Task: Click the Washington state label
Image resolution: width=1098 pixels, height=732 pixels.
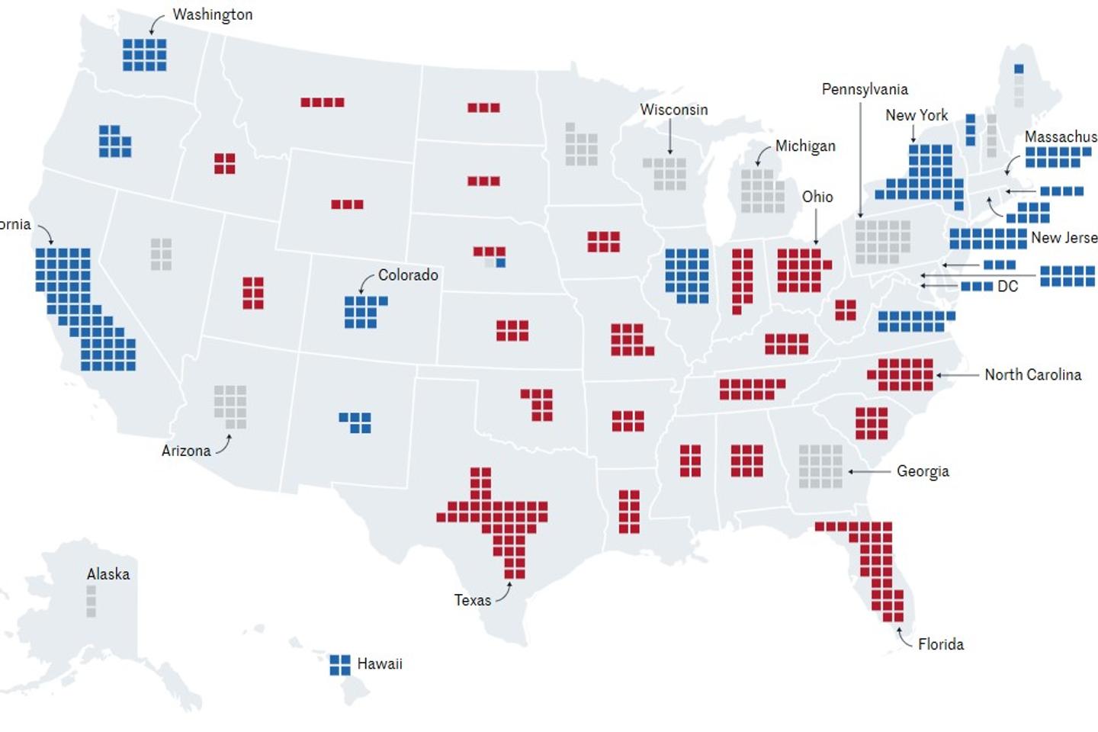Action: pos(212,14)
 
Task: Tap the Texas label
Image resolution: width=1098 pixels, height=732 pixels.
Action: pos(472,600)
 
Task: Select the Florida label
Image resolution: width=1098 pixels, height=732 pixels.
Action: pos(940,644)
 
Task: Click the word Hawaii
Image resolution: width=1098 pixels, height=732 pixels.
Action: pos(379,664)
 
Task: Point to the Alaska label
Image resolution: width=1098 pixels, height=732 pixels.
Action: pos(108,574)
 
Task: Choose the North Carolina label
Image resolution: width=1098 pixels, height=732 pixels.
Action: pos(1032,374)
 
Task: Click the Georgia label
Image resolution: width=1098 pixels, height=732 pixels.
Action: pos(923,471)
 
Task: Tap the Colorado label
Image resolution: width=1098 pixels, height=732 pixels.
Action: pos(408,275)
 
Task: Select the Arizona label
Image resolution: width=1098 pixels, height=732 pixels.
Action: pos(185,451)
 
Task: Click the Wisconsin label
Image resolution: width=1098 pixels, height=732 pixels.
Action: pos(673,110)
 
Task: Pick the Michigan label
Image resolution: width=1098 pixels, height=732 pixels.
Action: pos(805,146)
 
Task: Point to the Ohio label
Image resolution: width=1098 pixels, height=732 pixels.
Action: pos(817,197)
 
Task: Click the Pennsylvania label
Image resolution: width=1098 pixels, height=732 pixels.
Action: pos(865,89)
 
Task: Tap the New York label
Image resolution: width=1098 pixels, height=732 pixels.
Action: pos(917,115)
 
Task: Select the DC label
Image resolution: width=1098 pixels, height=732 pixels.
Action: pos(1007,287)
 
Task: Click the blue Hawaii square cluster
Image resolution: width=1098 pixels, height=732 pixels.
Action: pos(340,665)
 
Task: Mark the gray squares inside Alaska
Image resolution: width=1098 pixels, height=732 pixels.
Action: pos(91,601)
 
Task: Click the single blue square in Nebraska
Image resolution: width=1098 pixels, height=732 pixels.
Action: pos(501,263)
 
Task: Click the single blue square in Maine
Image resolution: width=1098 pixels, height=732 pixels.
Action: pos(1019,69)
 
